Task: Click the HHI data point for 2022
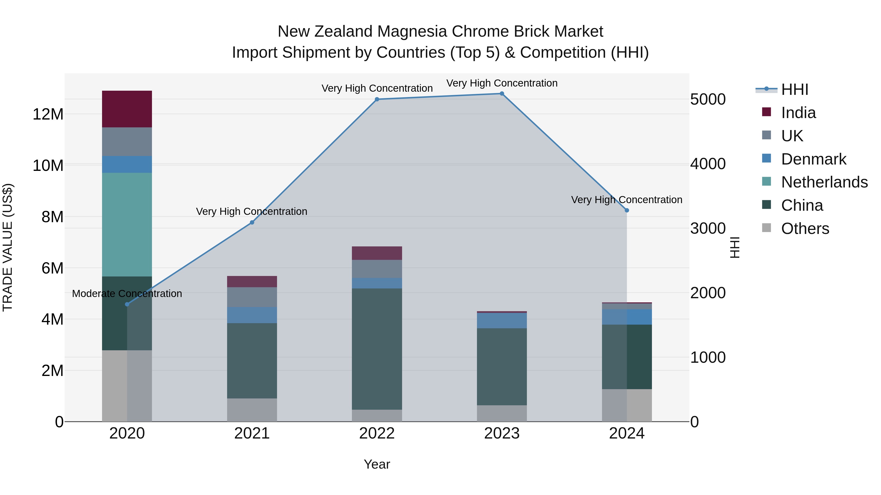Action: (x=377, y=99)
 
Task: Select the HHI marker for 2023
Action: (x=502, y=94)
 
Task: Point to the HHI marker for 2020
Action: (x=127, y=304)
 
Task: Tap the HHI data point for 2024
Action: (x=626, y=210)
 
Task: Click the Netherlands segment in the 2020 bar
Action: (x=127, y=224)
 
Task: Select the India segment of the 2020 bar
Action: (x=127, y=109)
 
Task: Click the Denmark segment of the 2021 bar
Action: (x=252, y=315)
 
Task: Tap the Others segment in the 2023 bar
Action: (x=502, y=413)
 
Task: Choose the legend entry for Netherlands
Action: (x=824, y=182)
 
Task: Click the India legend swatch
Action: (x=766, y=112)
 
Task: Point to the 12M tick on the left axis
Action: (x=48, y=114)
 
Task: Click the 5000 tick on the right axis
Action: (x=707, y=99)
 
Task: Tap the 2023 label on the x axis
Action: (x=502, y=433)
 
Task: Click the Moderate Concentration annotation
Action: (x=127, y=293)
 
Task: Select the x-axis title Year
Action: (x=377, y=464)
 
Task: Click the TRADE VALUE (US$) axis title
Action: (x=8, y=247)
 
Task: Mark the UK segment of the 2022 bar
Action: (x=377, y=269)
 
